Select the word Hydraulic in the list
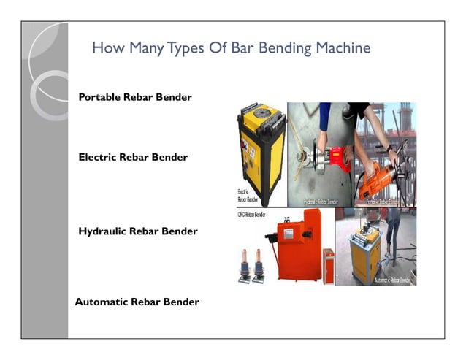[102, 231]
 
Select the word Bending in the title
[283, 48]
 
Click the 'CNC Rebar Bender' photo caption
[252, 215]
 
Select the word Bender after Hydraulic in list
[180, 231]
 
